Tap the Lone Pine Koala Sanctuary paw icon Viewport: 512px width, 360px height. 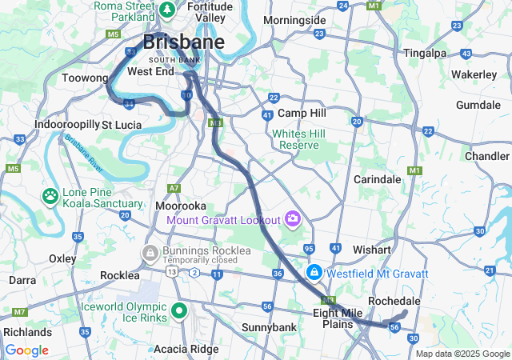[50, 194]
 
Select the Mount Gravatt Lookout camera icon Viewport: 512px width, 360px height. [292, 218]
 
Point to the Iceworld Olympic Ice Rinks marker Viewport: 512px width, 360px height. [178, 312]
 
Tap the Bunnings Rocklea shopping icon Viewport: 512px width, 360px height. [149, 253]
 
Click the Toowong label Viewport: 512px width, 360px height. [85, 78]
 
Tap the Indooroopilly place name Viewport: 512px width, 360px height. [66, 125]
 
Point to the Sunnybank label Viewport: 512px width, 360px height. [269, 327]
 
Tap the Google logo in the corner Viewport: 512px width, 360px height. [26, 350]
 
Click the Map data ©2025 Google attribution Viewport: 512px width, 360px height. [462, 354]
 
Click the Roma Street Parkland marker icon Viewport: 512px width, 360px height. [167, 10]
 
